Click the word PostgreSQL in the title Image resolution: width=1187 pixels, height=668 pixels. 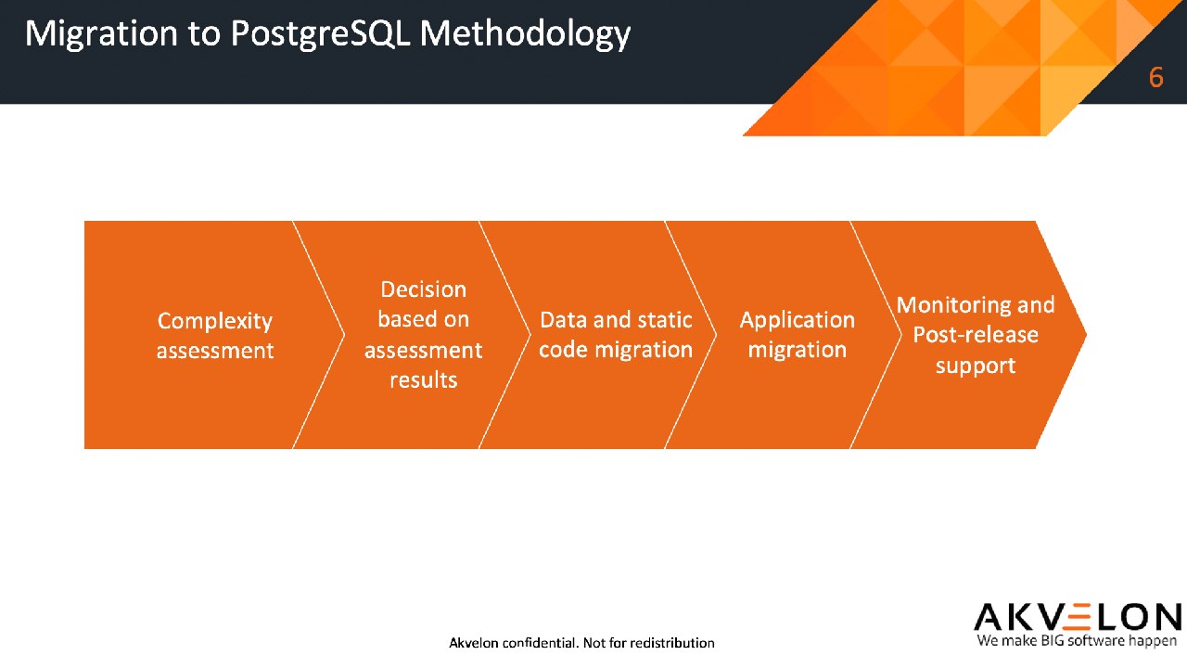321,34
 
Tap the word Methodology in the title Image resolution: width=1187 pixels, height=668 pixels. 525,34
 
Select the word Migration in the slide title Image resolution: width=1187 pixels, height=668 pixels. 101,34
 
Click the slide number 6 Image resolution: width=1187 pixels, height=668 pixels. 1155,77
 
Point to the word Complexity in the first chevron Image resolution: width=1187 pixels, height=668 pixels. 214,321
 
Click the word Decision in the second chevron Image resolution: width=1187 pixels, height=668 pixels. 424,289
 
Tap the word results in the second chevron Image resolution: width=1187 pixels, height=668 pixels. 424,380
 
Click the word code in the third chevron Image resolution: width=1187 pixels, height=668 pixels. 563,350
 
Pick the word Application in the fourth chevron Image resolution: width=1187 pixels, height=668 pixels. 797,321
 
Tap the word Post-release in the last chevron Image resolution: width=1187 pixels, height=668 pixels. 976,335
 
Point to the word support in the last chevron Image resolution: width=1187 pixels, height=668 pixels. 976,366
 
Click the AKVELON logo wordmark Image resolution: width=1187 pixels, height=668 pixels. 1078,618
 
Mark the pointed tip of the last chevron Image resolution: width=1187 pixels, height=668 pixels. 1086,335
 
